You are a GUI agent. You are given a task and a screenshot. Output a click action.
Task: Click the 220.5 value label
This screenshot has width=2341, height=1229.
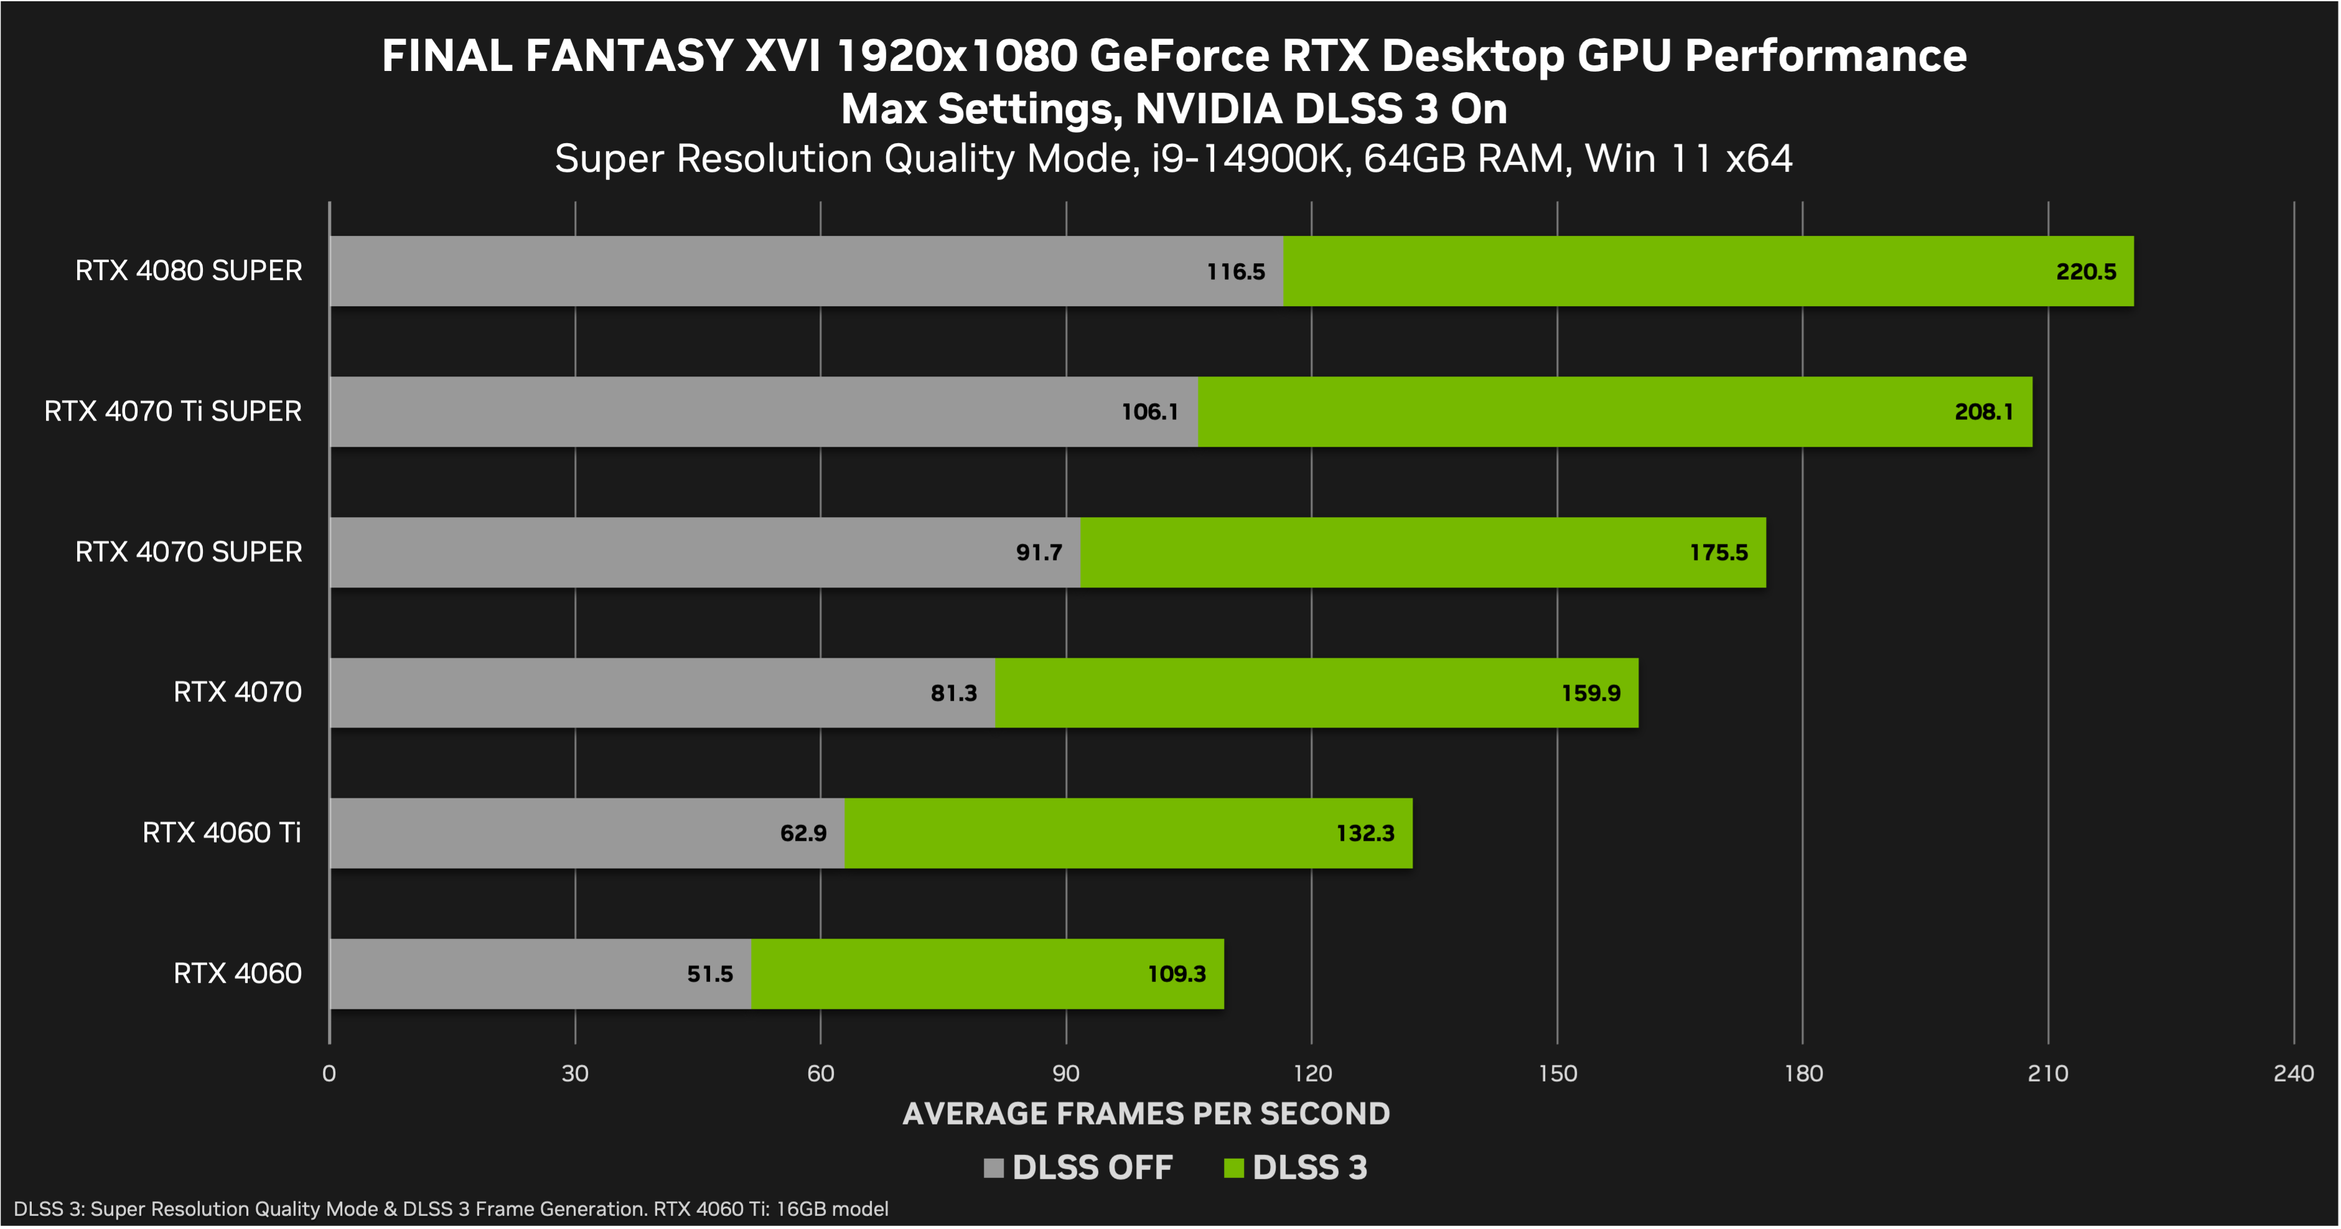[x=2086, y=272]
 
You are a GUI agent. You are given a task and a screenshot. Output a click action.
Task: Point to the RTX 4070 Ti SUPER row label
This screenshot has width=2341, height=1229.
[x=172, y=411]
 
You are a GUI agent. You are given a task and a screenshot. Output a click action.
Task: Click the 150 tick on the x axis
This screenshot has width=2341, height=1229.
[x=1558, y=1073]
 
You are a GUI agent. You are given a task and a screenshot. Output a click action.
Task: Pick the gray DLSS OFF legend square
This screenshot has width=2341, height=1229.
[x=993, y=1168]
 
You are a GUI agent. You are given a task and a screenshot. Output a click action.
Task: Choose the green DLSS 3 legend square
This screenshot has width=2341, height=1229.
[x=1233, y=1168]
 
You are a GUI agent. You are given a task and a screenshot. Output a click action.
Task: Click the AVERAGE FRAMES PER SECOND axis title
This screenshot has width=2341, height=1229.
[x=1146, y=1113]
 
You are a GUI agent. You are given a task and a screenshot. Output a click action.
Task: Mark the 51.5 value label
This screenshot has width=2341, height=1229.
[x=710, y=974]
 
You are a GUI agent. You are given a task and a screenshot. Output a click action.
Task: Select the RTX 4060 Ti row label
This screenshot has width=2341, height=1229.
[x=222, y=833]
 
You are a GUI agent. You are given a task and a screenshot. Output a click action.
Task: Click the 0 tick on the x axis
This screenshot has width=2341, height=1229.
[x=329, y=1073]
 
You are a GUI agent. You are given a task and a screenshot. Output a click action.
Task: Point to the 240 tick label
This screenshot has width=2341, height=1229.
[x=2293, y=1073]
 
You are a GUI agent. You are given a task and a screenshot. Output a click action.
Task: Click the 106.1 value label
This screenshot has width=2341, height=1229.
[x=1149, y=412]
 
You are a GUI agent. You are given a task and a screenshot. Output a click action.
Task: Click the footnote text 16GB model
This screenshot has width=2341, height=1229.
[x=831, y=1209]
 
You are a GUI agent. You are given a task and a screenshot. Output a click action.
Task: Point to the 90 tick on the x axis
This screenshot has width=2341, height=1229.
[x=1066, y=1073]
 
